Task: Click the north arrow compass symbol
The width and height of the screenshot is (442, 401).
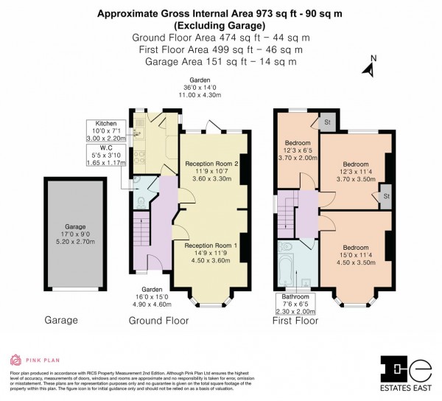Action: coord(370,68)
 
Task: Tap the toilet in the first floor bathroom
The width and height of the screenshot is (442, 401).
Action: coord(287,247)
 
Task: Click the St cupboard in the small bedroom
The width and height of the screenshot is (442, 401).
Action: coord(327,122)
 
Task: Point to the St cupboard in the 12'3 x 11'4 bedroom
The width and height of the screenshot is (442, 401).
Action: coord(385,197)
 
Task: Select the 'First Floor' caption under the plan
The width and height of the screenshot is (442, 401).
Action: coord(295,321)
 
